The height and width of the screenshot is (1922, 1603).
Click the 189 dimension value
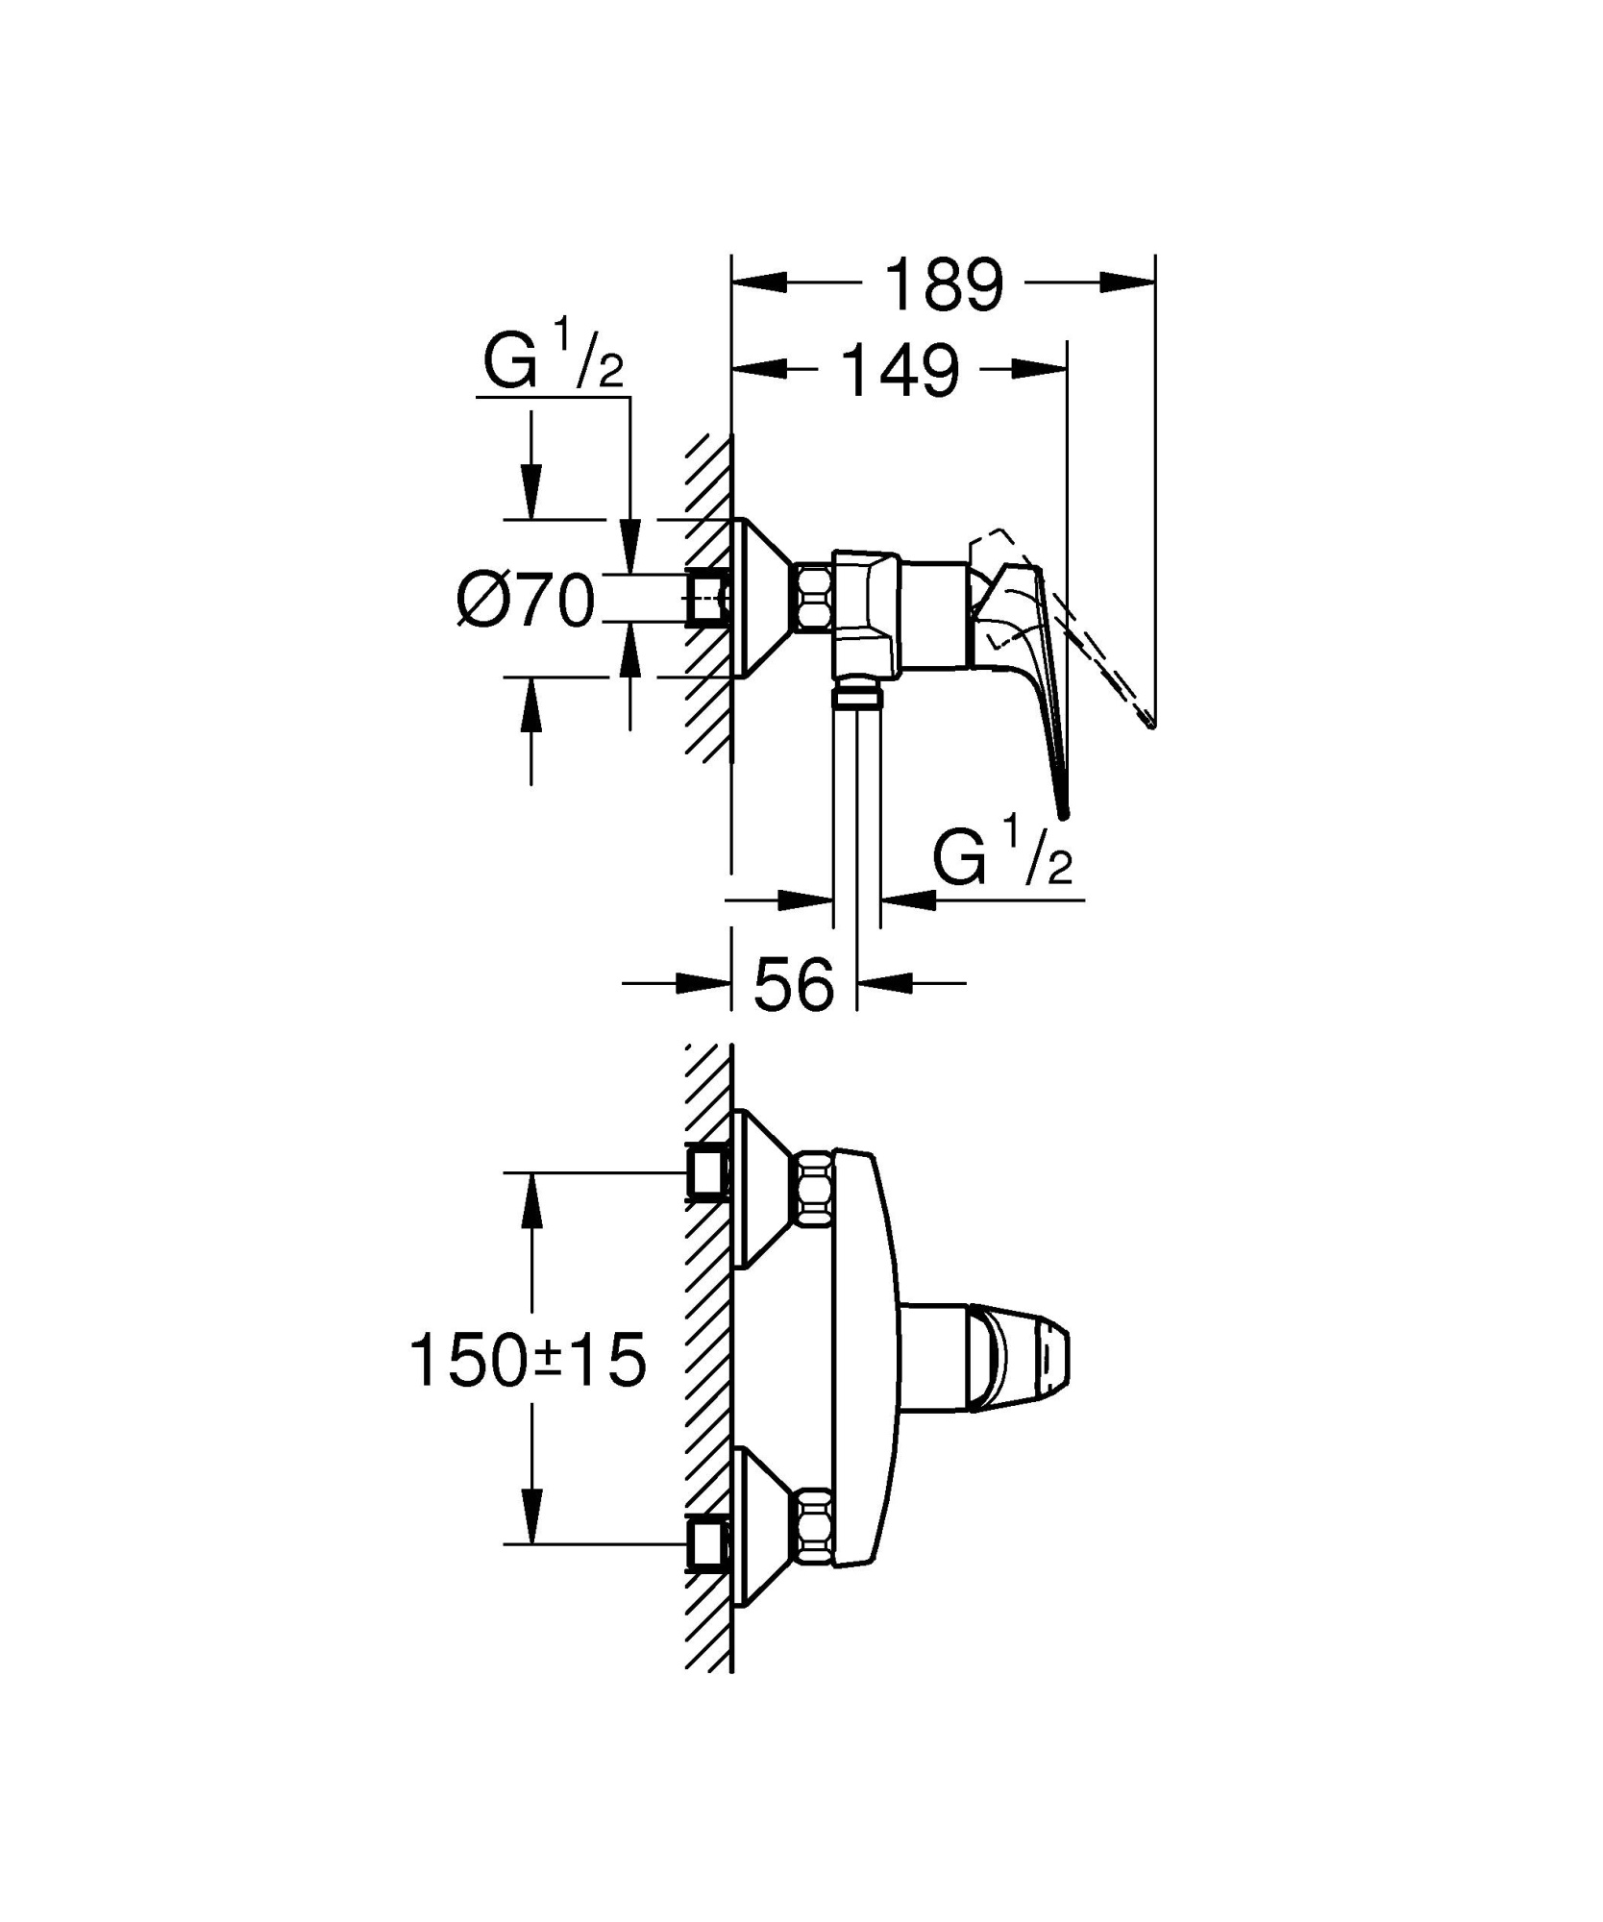tap(943, 284)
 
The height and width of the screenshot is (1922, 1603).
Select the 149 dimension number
tap(900, 371)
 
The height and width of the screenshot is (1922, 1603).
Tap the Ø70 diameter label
tap(526, 603)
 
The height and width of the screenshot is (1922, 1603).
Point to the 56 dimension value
tap(794, 985)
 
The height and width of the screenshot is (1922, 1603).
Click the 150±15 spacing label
tap(528, 1361)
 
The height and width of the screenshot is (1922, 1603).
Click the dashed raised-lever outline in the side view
tap(1105, 653)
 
